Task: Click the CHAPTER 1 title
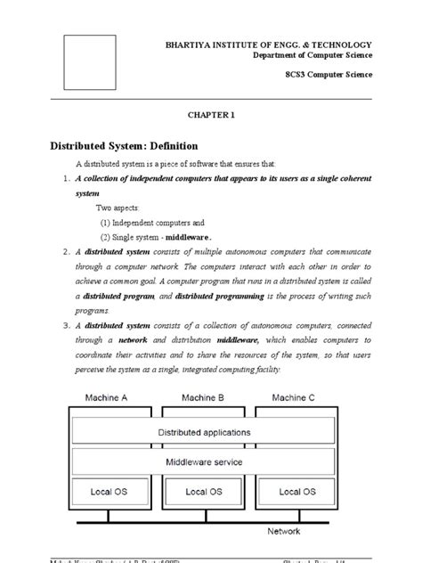point(211,115)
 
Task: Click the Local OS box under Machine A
point(111,492)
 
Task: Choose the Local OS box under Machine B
point(205,492)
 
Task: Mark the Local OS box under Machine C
point(298,492)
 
